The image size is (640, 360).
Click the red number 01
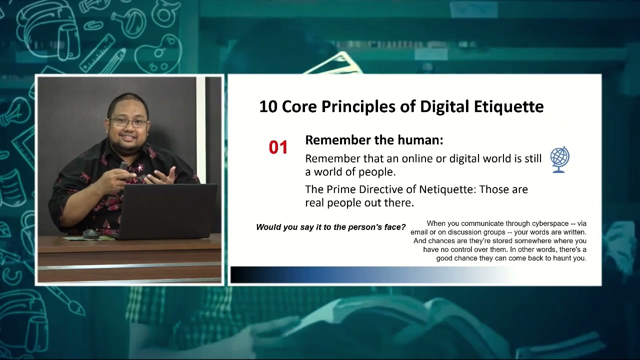(278, 147)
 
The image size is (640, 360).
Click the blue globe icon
(559, 159)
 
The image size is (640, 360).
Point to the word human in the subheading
(420, 140)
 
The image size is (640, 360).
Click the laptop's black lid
(167, 210)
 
